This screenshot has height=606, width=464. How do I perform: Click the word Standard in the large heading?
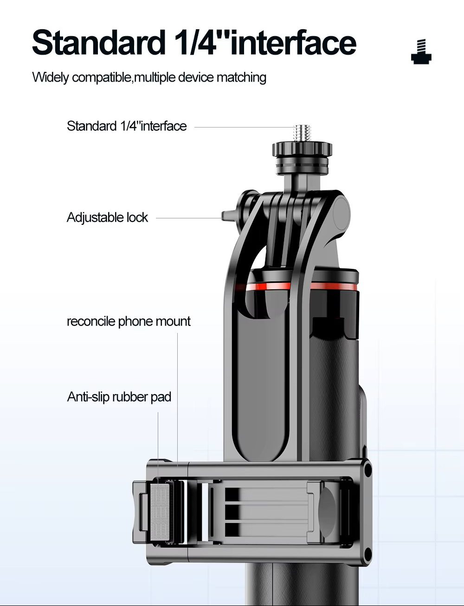click(x=98, y=43)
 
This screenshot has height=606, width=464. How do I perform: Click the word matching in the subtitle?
click(x=241, y=77)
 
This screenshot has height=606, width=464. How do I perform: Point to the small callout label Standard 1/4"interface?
click(x=127, y=126)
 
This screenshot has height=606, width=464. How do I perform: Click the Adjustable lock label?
click(x=107, y=217)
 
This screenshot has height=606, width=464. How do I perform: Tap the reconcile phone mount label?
click(x=129, y=321)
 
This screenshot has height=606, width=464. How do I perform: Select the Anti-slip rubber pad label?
click(x=119, y=397)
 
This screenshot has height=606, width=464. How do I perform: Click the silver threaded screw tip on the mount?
click(x=302, y=134)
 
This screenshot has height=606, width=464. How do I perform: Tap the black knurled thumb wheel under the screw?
click(x=302, y=149)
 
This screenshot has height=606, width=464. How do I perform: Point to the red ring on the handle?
click(x=302, y=287)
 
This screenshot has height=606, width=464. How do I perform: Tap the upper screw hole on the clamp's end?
click(x=367, y=470)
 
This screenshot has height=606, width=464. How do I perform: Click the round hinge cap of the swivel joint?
click(x=342, y=214)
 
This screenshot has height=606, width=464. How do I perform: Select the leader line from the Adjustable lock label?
click(x=189, y=218)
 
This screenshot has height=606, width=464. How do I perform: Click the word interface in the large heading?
click(x=293, y=43)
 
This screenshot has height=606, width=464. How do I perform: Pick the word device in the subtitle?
click(x=196, y=77)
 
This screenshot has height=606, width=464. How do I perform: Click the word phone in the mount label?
click(x=135, y=321)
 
